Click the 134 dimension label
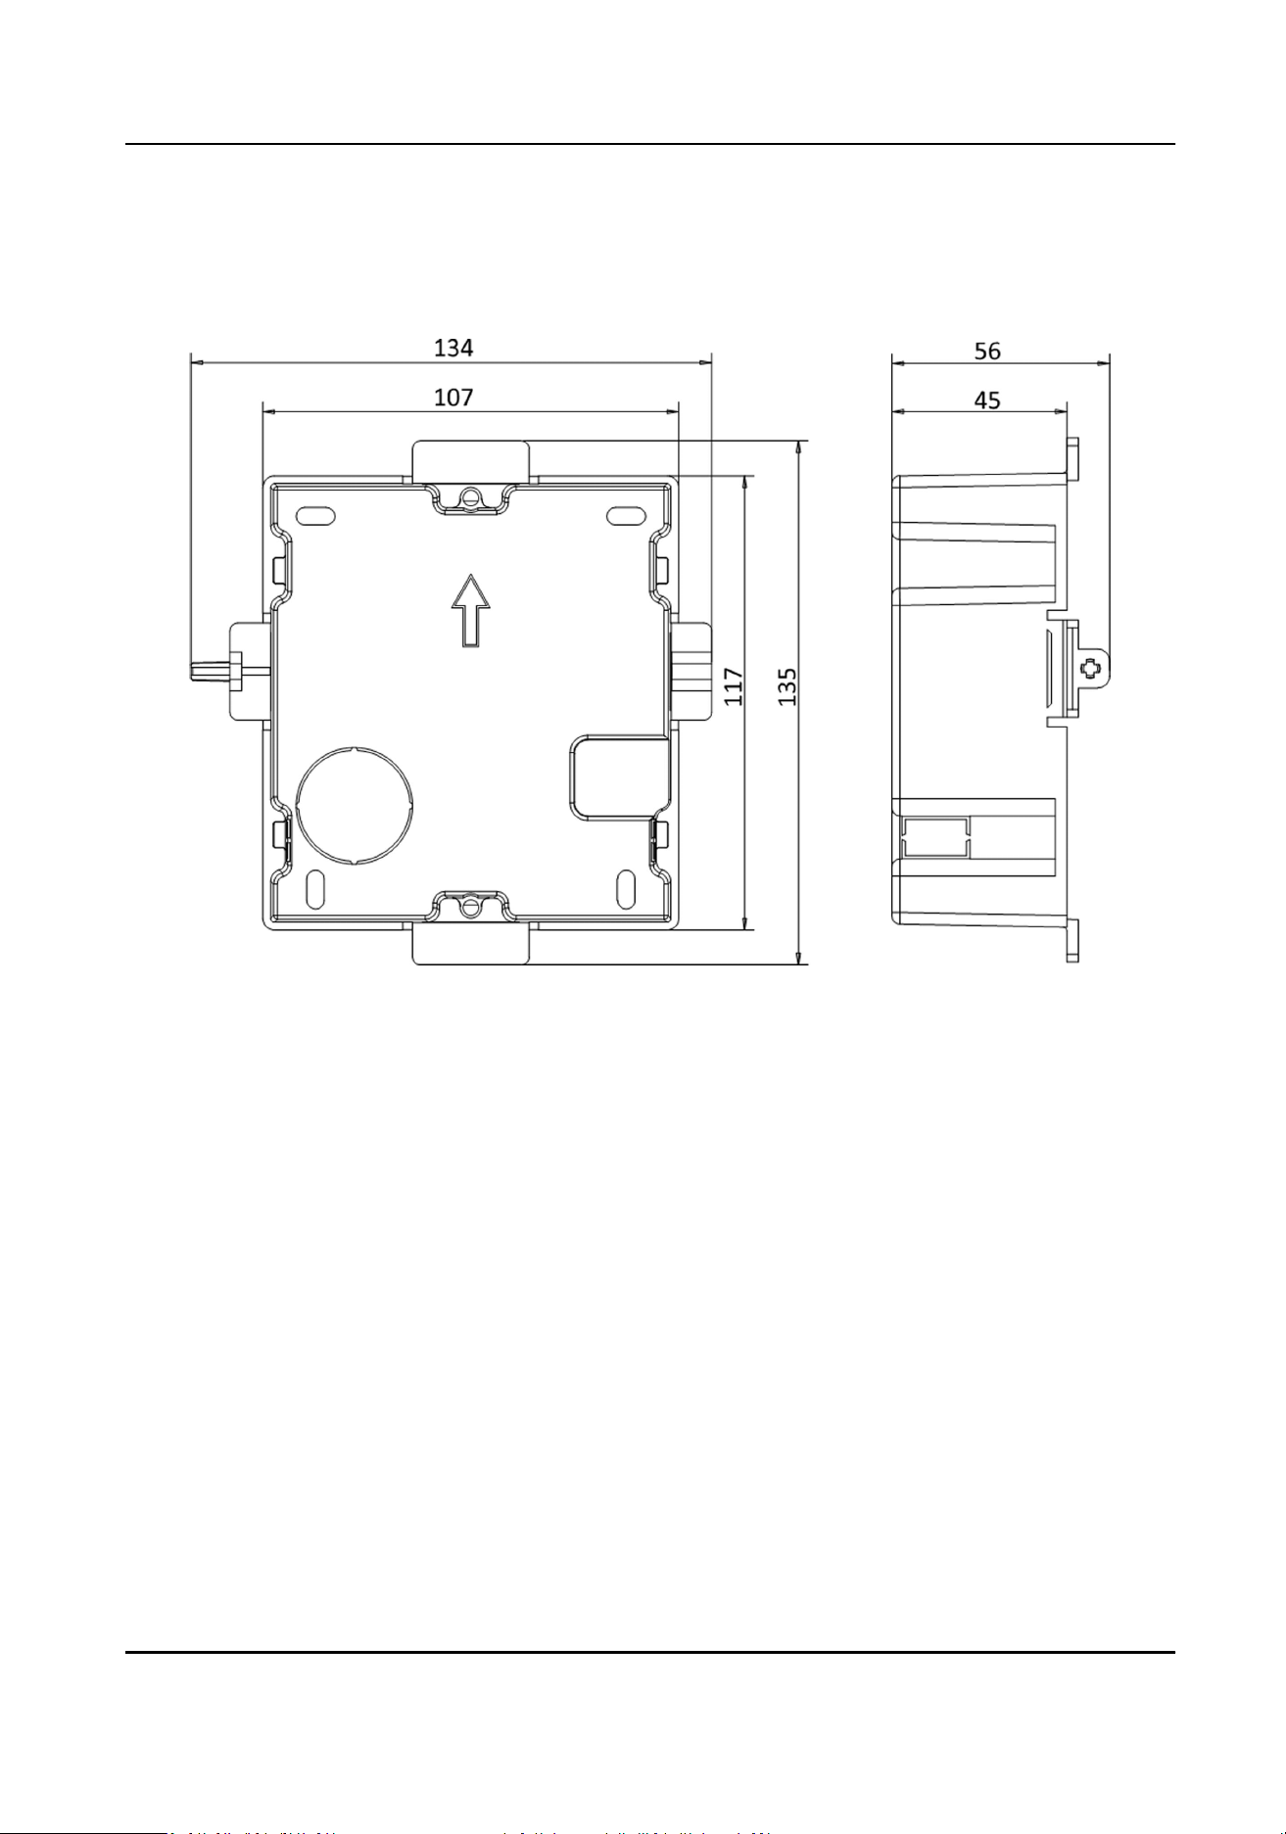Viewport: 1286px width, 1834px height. [453, 347]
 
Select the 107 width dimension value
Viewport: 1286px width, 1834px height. [453, 397]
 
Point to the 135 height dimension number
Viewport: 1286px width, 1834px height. [787, 686]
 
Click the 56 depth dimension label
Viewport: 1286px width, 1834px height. [987, 350]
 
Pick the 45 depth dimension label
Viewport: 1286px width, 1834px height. [987, 400]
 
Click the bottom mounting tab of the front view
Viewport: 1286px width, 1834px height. [471, 945]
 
